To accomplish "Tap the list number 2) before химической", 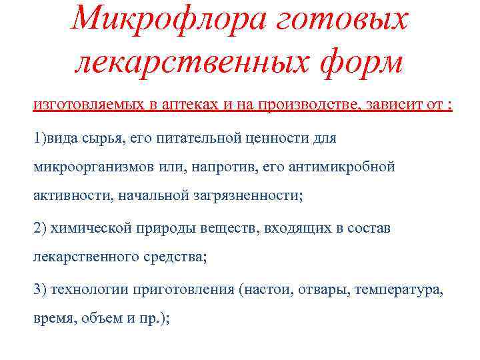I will coord(40,227).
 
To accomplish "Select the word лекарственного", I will coord(87,257).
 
